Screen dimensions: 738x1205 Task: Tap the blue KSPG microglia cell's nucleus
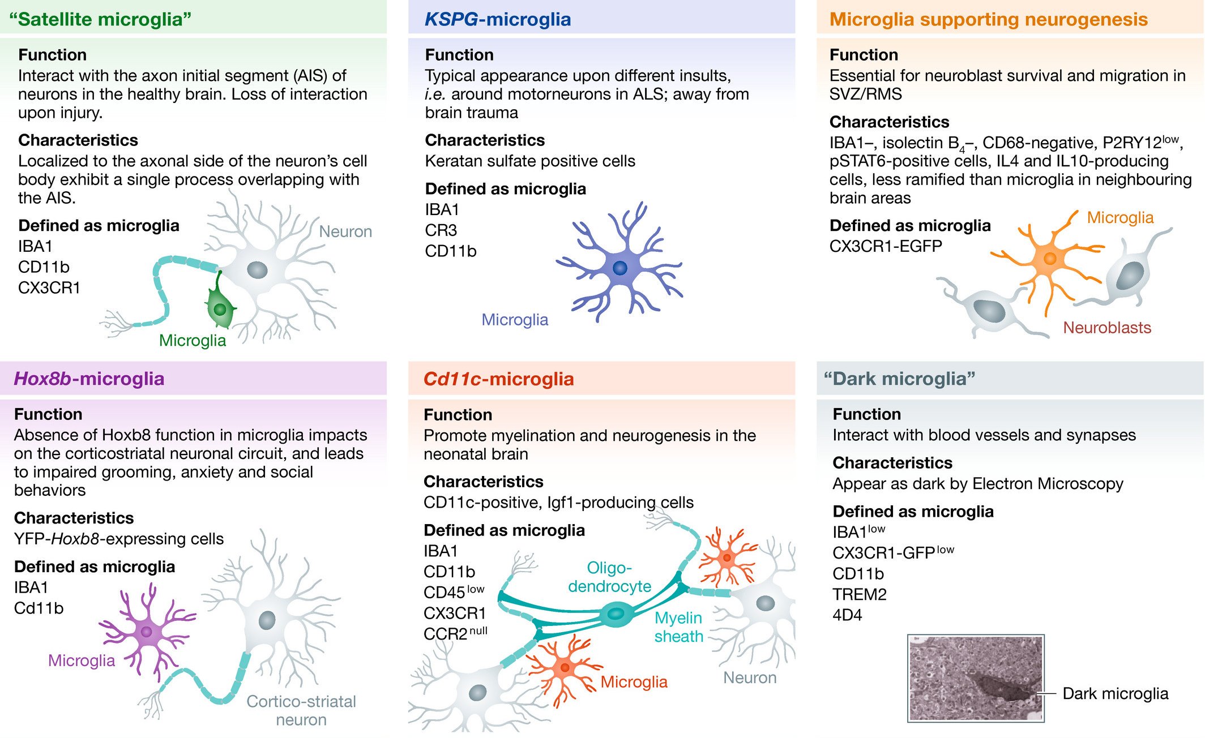[x=620, y=268]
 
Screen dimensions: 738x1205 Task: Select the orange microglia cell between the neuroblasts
[x=1049, y=259]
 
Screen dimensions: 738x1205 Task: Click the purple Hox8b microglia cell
[x=147, y=632]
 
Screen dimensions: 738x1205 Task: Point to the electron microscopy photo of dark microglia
[x=975, y=678]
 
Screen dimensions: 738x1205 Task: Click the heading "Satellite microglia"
[x=100, y=19]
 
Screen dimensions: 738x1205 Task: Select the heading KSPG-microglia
[x=497, y=19]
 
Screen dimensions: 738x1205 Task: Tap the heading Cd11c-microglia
[x=498, y=379]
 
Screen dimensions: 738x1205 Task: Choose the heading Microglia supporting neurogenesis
[x=988, y=19]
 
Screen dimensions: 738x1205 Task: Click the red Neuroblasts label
[x=1106, y=328]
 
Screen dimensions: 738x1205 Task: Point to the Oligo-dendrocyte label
[x=609, y=577]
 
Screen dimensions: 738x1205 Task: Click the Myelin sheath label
[x=678, y=627]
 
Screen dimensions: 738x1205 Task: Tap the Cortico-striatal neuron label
[x=301, y=710]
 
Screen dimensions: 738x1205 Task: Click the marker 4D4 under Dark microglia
[x=847, y=615]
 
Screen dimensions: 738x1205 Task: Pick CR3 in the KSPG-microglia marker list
[x=441, y=230]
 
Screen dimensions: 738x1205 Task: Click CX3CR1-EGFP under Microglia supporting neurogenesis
[x=886, y=246]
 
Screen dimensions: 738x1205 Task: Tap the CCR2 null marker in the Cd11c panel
[x=455, y=633]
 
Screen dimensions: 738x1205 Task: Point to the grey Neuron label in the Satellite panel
[x=345, y=231]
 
